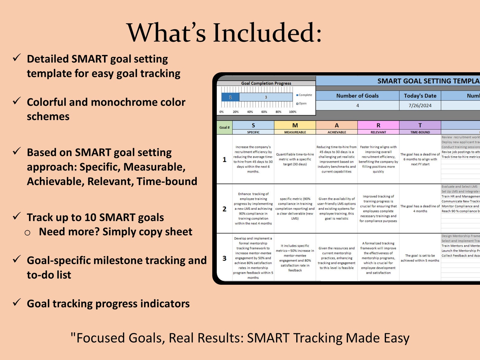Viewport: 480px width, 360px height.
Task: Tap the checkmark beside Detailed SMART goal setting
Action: (17, 57)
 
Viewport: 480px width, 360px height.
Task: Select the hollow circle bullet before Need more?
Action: (28, 232)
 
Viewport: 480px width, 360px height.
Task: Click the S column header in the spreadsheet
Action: (253, 125)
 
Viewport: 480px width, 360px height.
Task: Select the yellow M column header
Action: (295, 125)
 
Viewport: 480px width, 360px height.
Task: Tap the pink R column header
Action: (378, 125)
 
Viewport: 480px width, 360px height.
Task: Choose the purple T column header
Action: (420, 125)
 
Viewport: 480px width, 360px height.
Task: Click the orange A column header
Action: (337, 125)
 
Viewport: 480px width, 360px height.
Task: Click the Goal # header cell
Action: (224, 128)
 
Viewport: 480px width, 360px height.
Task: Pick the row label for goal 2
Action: (224, 209)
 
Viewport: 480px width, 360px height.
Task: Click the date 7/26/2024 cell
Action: (420, 105)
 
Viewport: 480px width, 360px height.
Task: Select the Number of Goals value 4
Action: (358, 105)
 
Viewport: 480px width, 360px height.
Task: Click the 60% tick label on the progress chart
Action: (264, 112)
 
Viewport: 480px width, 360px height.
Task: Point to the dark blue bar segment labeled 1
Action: (230, 97)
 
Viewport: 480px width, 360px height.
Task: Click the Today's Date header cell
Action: (420, 96)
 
